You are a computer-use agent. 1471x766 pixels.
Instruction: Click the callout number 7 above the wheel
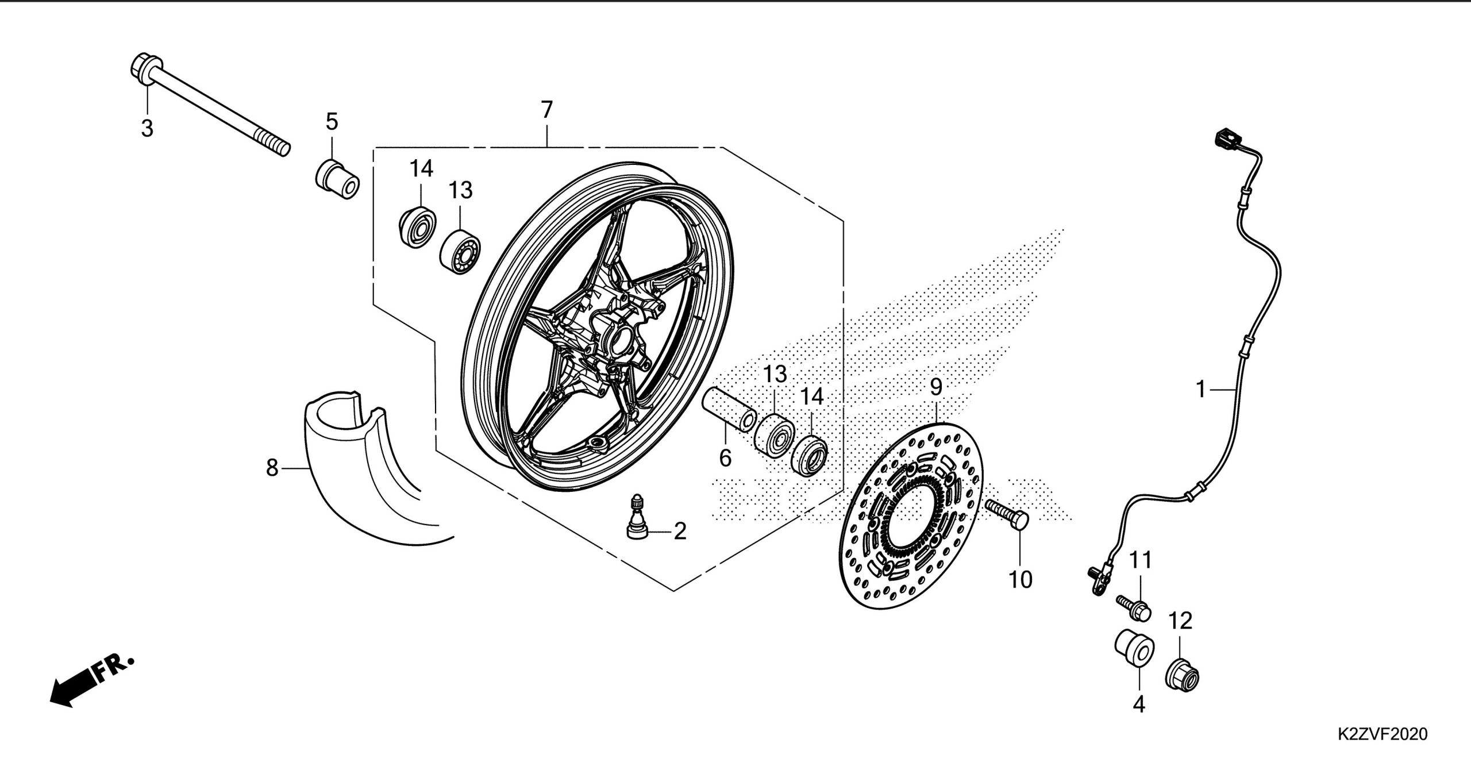[546, 109]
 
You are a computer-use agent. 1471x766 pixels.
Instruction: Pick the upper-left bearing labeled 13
[461, 252]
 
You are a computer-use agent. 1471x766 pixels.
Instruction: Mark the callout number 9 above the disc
[936, 387]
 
